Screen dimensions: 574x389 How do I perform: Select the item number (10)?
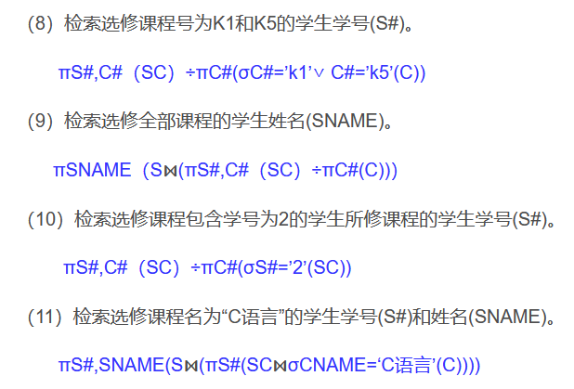[46, 220]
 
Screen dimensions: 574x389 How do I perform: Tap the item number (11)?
[46, 317]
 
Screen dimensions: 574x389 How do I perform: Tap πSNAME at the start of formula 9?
[92, 171]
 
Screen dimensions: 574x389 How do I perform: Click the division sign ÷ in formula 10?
[196, 268]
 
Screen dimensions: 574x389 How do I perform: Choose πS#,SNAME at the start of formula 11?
[102, 364]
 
